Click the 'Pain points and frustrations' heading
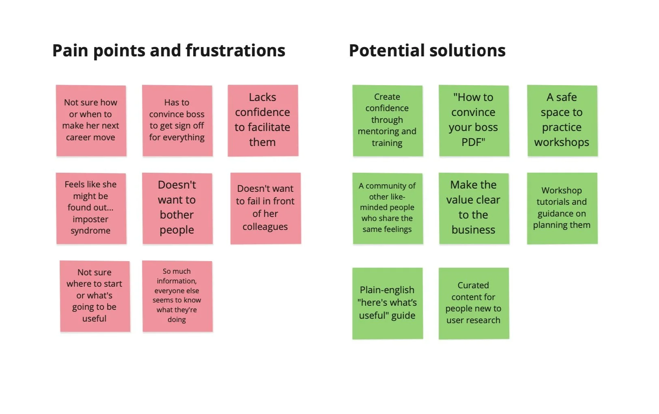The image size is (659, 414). pos(168,51)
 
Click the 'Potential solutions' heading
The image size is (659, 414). pos(427,51)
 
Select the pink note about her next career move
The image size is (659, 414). pos(91,120)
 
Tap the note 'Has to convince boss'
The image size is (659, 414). pos(177,120)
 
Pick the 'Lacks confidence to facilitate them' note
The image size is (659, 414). pos(263,120)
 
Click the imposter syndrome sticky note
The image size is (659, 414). pos(91,208)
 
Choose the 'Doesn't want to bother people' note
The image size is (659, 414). pos(177,208)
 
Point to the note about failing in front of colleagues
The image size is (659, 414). pos(265,208)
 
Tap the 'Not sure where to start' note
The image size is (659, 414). pos(95,296)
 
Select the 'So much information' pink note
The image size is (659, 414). pos(177,296)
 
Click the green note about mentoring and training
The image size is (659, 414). pos(387,120)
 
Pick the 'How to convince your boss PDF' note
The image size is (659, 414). pos(473,120)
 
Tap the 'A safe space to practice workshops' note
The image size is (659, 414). pos(562,120)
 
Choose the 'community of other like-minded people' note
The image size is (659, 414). pos(387,208)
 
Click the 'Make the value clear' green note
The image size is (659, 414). pos(473,208)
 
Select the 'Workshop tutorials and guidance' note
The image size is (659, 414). pos(562,208)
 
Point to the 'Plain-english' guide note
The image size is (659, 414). pos(387,303)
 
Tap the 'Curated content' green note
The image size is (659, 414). pos(473,303)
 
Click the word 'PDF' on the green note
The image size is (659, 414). pos(473,142)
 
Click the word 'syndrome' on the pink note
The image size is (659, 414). pos(90,231)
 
